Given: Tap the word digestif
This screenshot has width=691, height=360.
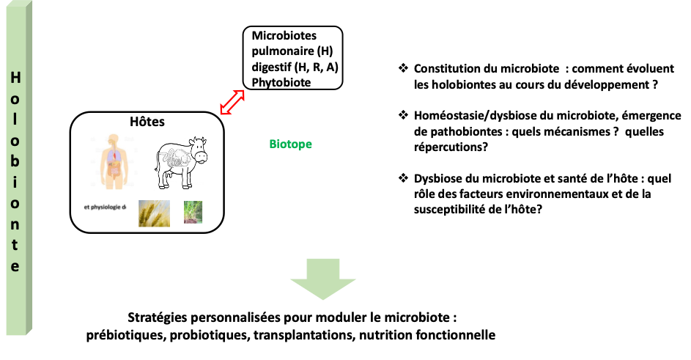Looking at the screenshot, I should click(x=272, y=67).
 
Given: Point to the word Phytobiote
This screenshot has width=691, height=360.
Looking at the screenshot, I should click(x=281, y=82).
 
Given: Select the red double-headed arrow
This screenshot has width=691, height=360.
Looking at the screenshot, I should click(x=232, y=101).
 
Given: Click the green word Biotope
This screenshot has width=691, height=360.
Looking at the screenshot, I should click(x=290, y=144).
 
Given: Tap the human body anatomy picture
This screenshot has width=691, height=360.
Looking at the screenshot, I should click(x=114, y=161).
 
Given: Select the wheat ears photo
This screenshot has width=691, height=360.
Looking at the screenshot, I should click(x=154, y=213).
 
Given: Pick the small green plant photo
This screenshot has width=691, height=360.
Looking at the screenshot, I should click(x=193, y=212).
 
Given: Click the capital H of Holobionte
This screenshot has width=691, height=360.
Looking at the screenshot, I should click(x=15, y=78).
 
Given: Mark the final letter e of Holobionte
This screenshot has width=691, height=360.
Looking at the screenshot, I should click(x=15, y=265).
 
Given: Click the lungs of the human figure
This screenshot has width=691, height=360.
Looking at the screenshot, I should click(x=112, y=155).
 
